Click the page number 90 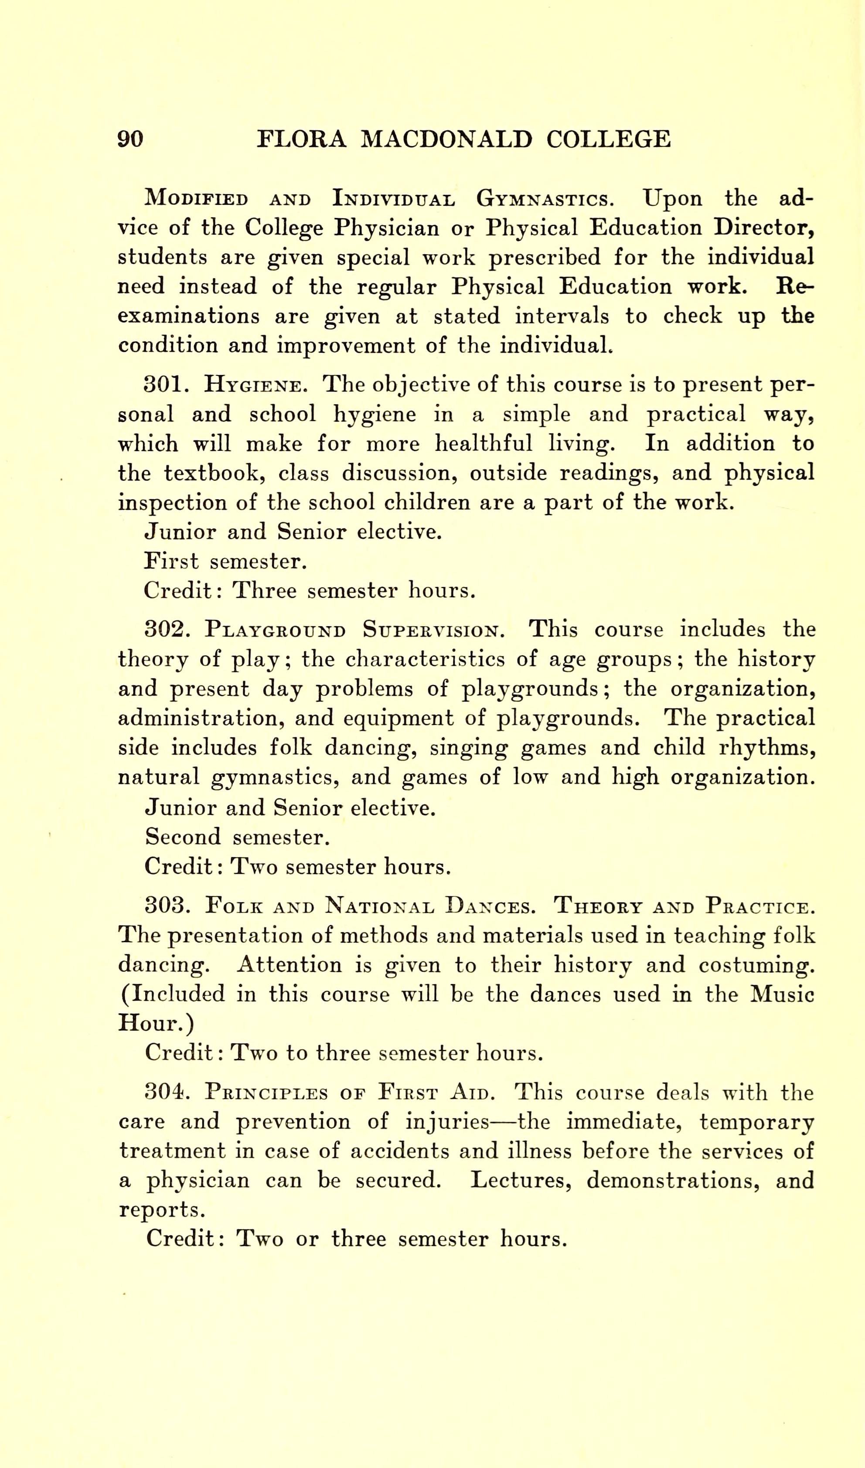(130, 139)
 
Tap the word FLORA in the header (301, 139)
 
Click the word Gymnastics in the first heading (545, 199)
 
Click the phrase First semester (225, 561)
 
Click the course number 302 (167, 630)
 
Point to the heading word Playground (275, 630)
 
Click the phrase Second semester (238, 838)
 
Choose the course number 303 (167, 906)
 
